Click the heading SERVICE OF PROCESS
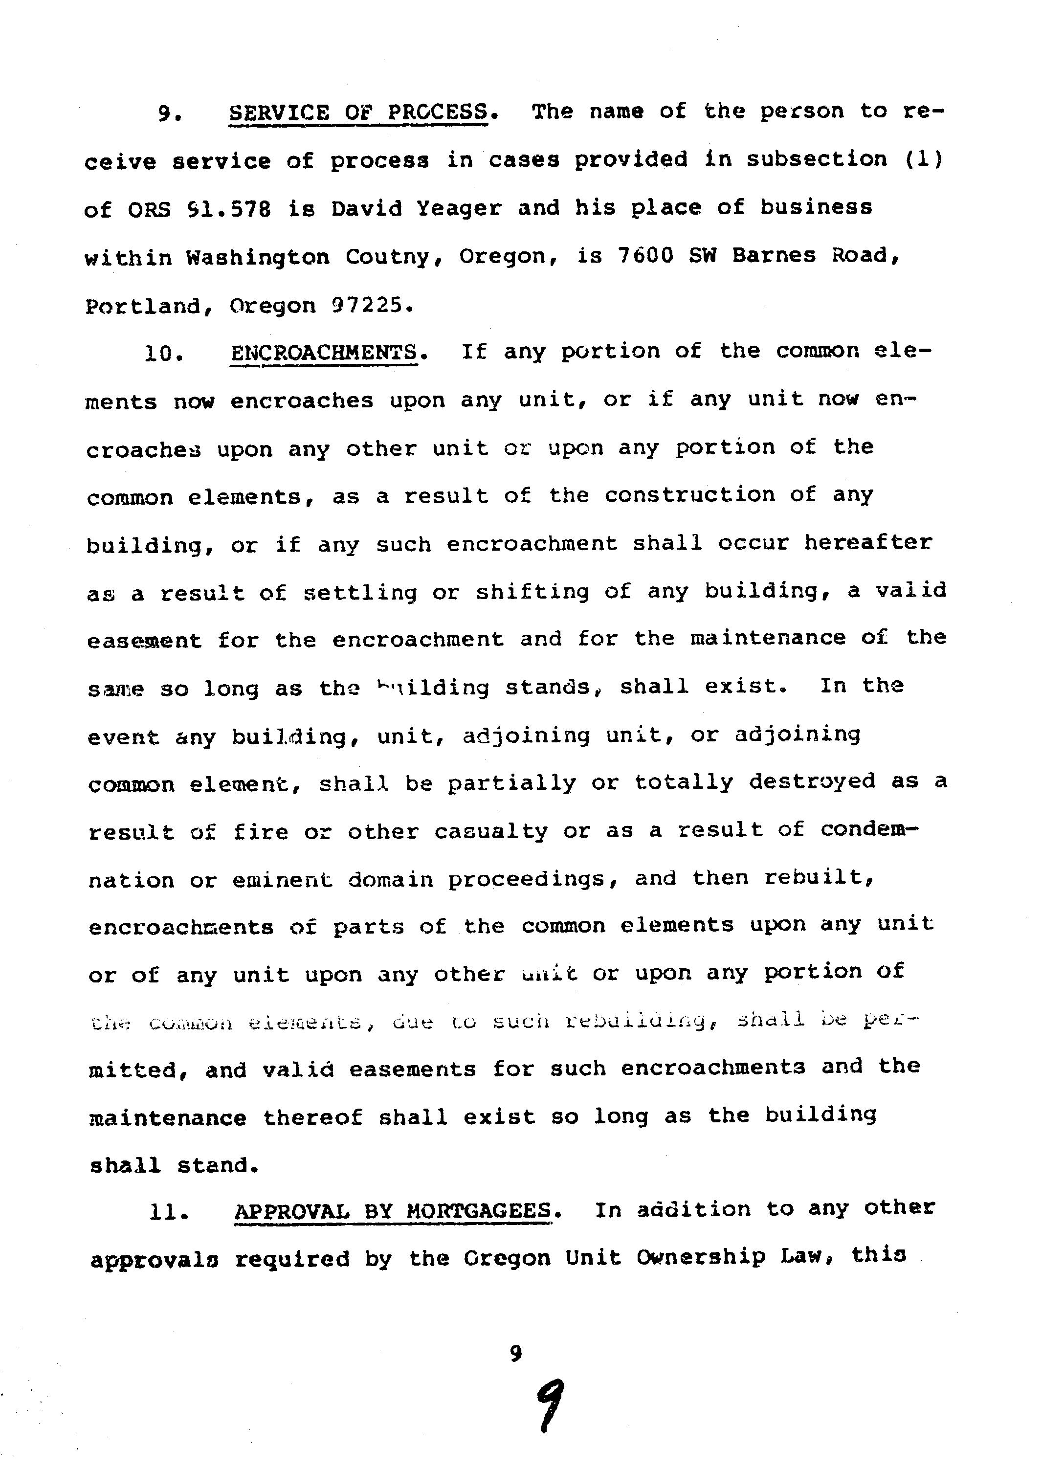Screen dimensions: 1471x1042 (x=358, y=113)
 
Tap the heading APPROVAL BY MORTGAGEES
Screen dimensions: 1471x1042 (x=393, y=1210)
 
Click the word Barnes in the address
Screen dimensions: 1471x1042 (x=775, y=255)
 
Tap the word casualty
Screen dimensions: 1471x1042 (x=491, y=831)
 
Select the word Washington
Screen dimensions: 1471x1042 (x=258, y=257)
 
